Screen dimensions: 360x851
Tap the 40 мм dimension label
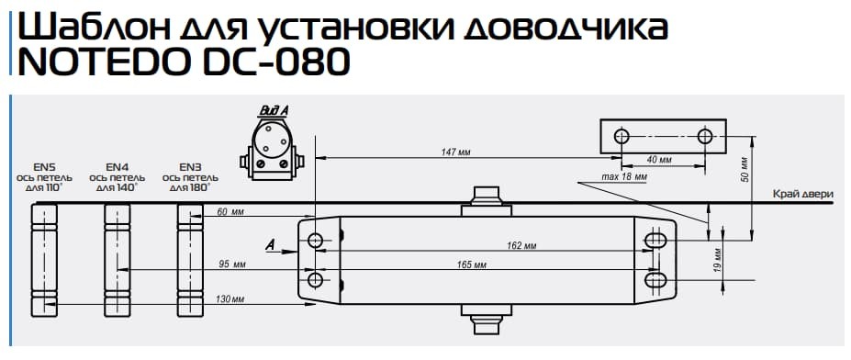coord(658,160)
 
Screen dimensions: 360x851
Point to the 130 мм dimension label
coord(230,299)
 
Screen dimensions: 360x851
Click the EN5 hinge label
coord(45,166)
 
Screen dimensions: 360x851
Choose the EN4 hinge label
coord(117,166)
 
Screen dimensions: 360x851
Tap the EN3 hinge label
coord(190,166)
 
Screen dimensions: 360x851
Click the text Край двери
coord(801,194)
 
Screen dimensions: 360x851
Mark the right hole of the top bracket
coord(705,137)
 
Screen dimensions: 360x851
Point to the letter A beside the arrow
coord(270,243)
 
